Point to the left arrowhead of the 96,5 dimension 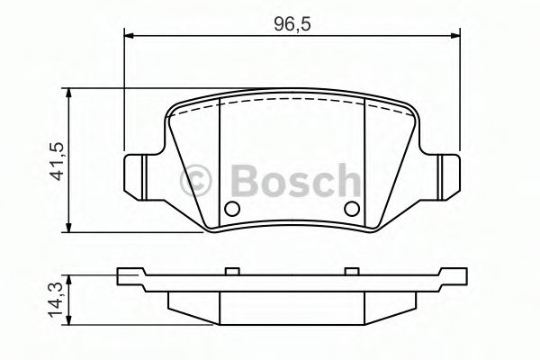click(x=127, y=36)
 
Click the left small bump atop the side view click(x=229, y=269)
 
